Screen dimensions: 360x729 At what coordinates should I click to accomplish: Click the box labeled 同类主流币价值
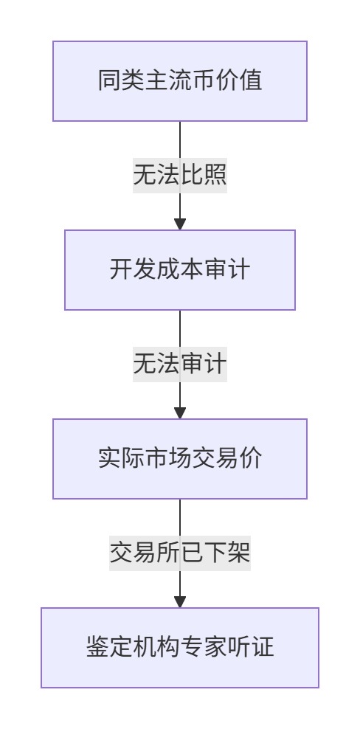[x=180, y=81]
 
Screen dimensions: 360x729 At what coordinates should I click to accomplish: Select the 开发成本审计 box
[x=180, y=270]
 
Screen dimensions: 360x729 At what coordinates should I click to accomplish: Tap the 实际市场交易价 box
[x=180, y=459]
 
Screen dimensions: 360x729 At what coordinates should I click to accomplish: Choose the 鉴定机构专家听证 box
[x=180, y=648]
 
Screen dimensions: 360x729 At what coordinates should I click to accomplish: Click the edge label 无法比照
[x=180, y=176]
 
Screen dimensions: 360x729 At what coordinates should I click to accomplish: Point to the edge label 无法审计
[x=180, y=364]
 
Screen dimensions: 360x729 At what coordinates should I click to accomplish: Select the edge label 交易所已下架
[x=180, y=553]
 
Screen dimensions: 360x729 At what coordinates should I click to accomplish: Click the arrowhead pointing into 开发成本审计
[x=180, y=224]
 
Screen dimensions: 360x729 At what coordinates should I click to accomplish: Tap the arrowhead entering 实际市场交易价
[x=180, y=413]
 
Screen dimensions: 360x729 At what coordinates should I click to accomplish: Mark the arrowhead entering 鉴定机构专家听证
[x=180, y=601]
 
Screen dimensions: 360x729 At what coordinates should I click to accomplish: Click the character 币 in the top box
[x=204, y=80]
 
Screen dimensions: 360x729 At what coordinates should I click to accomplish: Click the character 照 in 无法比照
[x=215, y=176]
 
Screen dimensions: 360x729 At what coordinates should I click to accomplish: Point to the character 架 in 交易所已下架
[x=239, y=553]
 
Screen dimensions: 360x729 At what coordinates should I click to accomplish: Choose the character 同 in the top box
[x=110, y=80]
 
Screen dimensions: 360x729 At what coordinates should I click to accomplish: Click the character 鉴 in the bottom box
[x=97, y=647]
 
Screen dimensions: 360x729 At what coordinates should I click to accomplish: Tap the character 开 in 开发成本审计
[x=122, y=269]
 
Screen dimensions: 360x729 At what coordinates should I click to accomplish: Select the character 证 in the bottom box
[x=263, y=647]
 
